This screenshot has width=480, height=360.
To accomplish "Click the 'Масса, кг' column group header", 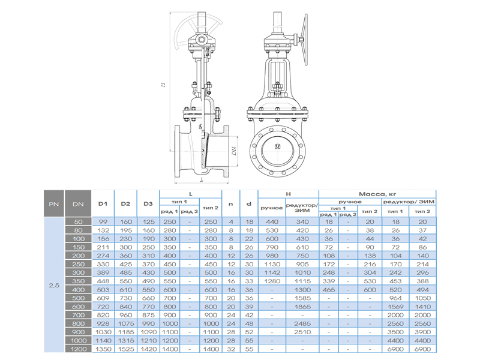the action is pyautogui.click(x=377, y=194).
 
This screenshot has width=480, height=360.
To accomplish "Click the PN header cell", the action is pyautogui.click(x=54, y=204).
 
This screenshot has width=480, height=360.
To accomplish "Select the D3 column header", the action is pyautogui.click(x=148, y=204).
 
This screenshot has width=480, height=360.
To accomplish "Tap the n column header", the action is pyautogui.click(x=231, y=204).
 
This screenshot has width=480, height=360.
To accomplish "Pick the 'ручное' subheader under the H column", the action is pyautogui.click(x=272, y=208).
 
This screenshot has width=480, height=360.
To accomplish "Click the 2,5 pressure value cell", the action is pyautogui.click(x=54, y=286).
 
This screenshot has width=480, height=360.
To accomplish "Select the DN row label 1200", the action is pyautogui.click(x=79, y=349).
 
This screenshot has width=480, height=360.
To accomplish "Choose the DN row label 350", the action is pyautogui.click(x=79, y=281).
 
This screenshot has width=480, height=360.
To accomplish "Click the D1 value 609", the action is pyautogui.click(x=103, y=298).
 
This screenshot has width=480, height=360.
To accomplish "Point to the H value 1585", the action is pyautogui.click(x=302, y=298).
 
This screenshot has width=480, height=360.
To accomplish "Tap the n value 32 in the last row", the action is pyautogui.click(x=231, y=349).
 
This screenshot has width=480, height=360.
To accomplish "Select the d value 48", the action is pyautogui.click(x=249, y=323).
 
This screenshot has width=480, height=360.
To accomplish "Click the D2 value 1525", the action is pyautogui.click(x=126, y=349).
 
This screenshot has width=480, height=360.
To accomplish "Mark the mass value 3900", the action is pyautogui.click(x=422, y=332).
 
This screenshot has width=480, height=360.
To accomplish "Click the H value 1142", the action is pyautogui.click(x=272, y=273).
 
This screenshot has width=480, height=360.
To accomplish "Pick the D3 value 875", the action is pyautogui.click(x=148, y=315).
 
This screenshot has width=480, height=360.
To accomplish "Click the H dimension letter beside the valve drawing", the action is pyautogui.click(x=163, y=84).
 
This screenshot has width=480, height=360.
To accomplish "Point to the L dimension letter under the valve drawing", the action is pyautogui.click(x=202, y=180).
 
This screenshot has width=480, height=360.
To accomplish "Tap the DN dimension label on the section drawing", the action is pyautogui.click(x=234, y=151).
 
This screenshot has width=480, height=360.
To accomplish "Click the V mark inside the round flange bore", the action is pyautogui.click(x=278, y=146).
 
